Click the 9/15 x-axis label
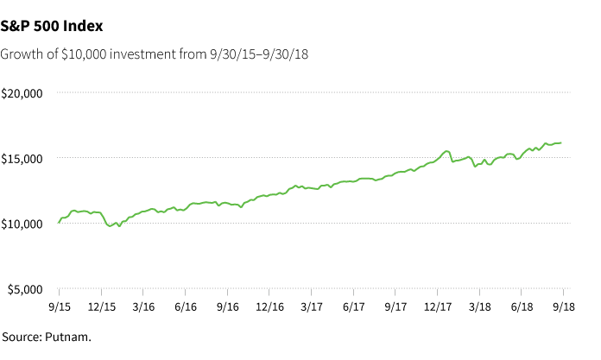[59, 306]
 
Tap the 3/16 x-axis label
[143, 306]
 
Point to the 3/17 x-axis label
[311, 306]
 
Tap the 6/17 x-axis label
[353, 306]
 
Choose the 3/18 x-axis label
[479, 306]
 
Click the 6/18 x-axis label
[522, 306]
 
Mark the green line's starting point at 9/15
[59, 223]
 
